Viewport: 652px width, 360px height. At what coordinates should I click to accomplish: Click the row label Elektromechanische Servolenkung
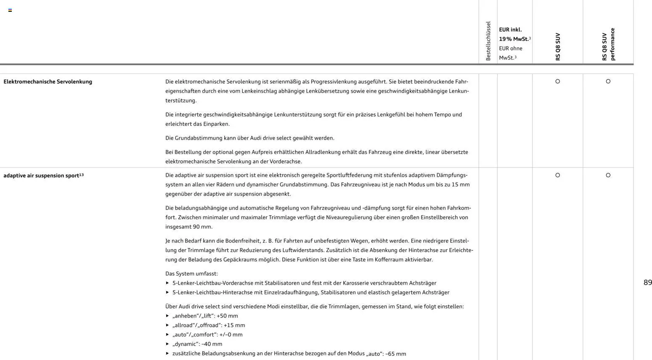48,82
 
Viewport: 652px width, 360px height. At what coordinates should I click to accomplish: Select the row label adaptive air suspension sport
43,175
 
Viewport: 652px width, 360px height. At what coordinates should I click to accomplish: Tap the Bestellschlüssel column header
488,41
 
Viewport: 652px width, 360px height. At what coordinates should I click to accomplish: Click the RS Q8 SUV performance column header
608,44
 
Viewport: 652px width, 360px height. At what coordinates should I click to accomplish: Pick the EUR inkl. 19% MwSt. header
514,34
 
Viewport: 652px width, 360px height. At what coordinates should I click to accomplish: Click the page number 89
647,283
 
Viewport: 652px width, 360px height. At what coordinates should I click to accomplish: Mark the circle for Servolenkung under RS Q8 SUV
557,81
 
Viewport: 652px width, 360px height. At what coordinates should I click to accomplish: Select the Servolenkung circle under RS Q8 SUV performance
608,81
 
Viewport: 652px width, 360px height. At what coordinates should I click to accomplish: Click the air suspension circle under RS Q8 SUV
557,175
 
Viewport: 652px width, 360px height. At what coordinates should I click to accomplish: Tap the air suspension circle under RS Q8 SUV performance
608,175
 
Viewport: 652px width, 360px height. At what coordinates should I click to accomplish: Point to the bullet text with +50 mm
205,316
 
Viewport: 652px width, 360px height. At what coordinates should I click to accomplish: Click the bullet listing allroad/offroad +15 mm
208,325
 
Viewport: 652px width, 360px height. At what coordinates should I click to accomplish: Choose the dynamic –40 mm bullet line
197,344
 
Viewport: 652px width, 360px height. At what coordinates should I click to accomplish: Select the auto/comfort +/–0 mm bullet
207,335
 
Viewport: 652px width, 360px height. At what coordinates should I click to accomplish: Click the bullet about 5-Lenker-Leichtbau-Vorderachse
304,283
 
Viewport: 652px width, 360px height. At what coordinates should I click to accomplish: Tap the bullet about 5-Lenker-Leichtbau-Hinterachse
310,292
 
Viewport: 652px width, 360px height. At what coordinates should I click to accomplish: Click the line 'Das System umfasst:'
191,273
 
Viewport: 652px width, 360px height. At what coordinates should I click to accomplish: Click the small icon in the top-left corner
10,10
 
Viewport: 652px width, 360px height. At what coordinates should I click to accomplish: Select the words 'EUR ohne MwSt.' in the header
510,53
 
